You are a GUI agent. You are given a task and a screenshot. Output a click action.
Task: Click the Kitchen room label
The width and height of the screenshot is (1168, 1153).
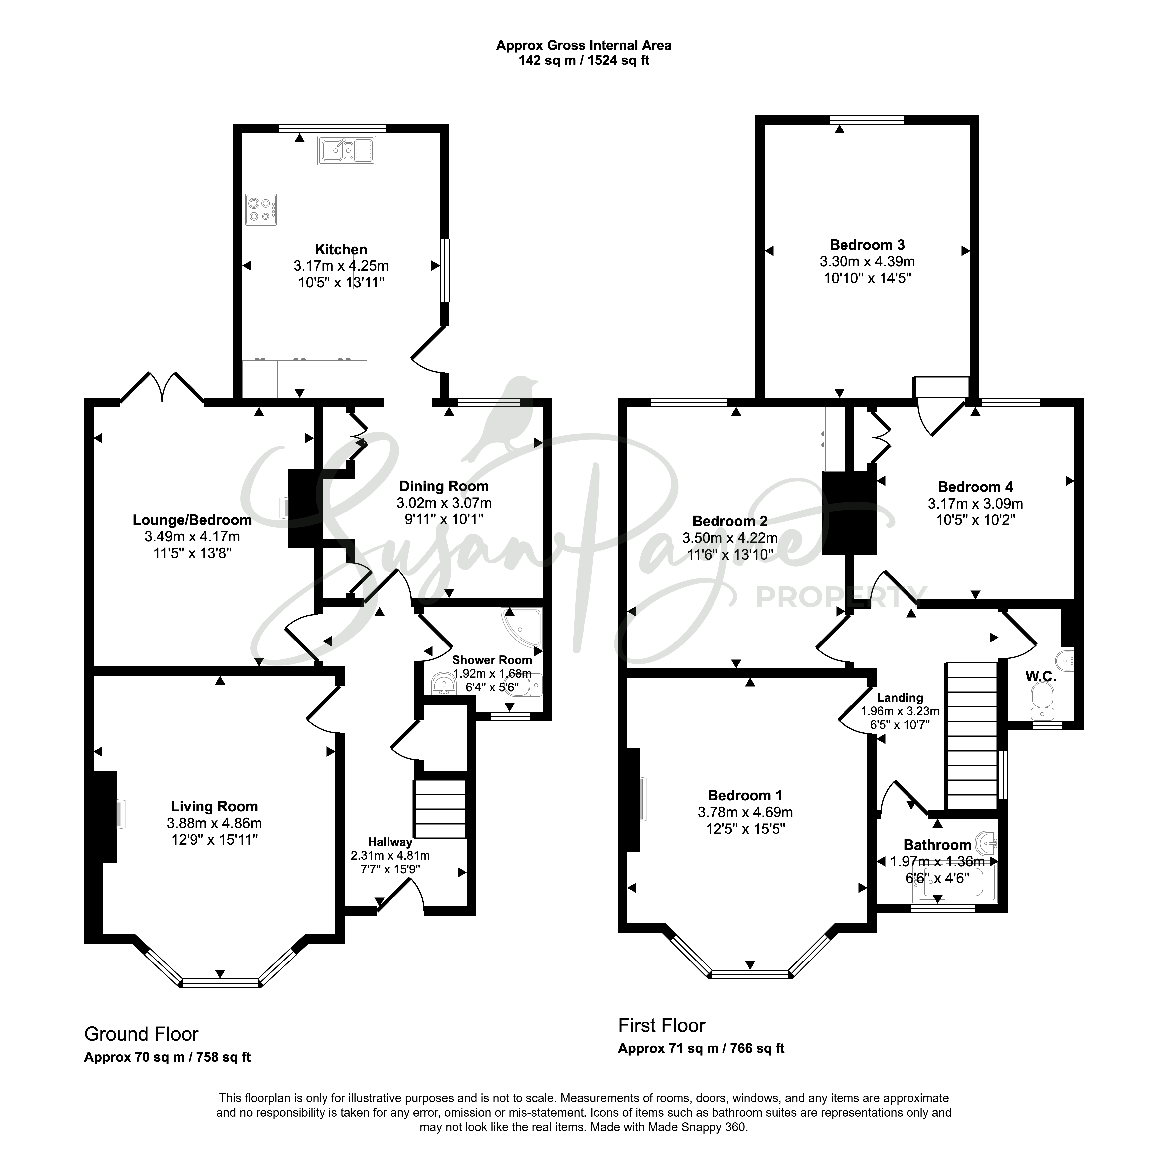pos(341,249)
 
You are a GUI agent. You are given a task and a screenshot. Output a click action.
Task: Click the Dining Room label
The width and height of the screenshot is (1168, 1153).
pos(444,486)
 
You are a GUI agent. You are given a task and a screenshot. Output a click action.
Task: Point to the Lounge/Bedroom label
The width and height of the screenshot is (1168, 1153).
pos(192,520)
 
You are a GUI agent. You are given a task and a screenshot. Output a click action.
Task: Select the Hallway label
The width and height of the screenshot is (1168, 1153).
pos(390,842)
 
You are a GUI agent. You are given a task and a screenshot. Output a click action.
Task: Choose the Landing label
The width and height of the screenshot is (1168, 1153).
pos(900,698)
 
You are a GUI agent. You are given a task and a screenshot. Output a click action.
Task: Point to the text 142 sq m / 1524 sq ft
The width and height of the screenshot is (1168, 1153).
pos(584,61)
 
